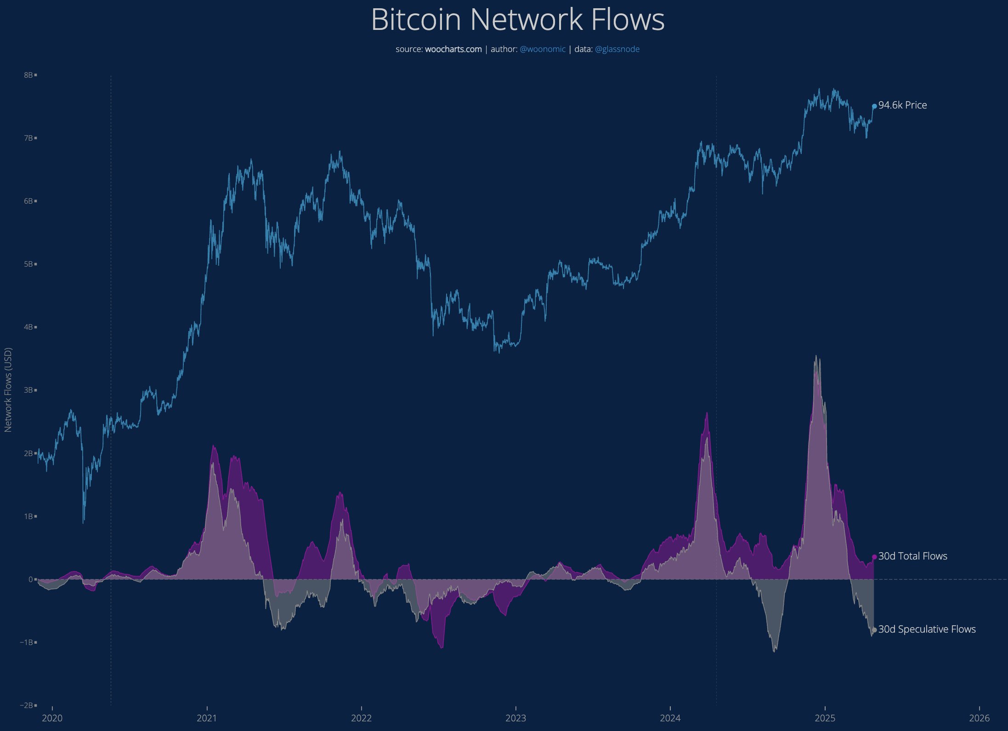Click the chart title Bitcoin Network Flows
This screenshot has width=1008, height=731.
(x=518, y=20)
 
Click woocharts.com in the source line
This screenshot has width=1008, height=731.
(x=453, y=49)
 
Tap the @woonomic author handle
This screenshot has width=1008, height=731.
(x=543, y=49)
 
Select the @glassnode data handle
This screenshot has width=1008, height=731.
(x=617, y=49)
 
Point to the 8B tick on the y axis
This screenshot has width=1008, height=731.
(x=28, y=75)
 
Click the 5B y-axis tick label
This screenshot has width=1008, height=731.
(x=28, y=264)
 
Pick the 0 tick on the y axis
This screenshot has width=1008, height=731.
(x=31, y=579)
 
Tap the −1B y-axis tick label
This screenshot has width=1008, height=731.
(x=27, y=642)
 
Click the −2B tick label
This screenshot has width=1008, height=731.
(x=27, y=705)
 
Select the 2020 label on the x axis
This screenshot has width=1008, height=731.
(x=52, y=718)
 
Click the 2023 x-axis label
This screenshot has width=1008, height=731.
(x=515, y=718)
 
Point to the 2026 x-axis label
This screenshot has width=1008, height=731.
(x=979, y=718)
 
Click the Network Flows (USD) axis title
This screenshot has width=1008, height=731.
(x=8, y=390)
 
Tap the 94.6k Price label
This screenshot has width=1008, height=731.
(x=902, y=105)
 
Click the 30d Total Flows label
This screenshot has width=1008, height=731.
(x=912, y=556)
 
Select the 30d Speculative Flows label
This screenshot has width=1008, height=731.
(x=927, y=629)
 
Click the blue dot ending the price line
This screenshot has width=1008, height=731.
(x=874, y=106)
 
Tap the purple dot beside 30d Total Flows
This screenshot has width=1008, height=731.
(x=874, y=557)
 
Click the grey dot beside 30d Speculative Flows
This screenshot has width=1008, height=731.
(x=874, y=630)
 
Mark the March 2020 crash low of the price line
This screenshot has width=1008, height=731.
(x=83, y=522)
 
